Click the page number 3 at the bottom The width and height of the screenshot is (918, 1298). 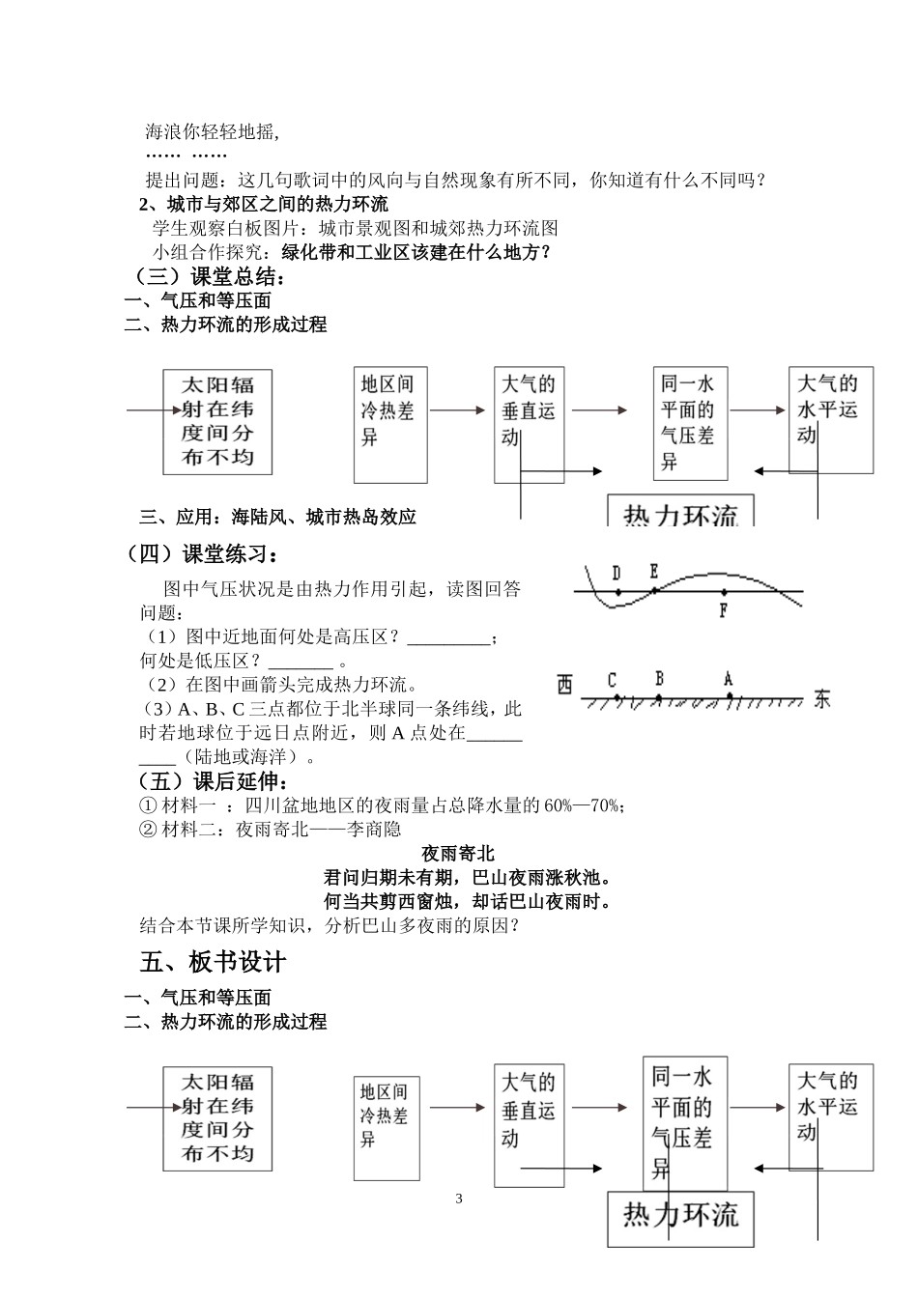coord(459,1199)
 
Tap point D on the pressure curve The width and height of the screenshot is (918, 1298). coord(617,591)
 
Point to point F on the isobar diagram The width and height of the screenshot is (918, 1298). coord(724,591)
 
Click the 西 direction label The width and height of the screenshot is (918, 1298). coord(565,687)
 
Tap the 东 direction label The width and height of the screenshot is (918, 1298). coord(821,697)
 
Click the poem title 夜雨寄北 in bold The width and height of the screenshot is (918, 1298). coord(458,854)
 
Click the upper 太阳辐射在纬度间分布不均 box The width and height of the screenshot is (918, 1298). coord(216,421)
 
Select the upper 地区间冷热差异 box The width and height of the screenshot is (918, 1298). coord(390,425)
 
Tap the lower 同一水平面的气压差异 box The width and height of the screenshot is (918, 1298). coord(684,1123)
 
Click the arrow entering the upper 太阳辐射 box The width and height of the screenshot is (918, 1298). coord(144,409)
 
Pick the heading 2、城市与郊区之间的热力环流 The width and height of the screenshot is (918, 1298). coord(263,204)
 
